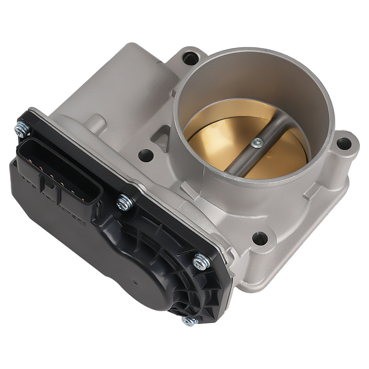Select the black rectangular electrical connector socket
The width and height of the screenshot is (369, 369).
pyautogui.click(x=59, y=177)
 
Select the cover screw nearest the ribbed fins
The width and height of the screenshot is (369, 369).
pyautogui.click(x=201, y=261)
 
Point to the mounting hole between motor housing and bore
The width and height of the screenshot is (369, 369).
pyautogui.click(x=146, y=155)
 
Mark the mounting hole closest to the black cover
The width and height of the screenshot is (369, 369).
pyautogui.click(x=260, y=238)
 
